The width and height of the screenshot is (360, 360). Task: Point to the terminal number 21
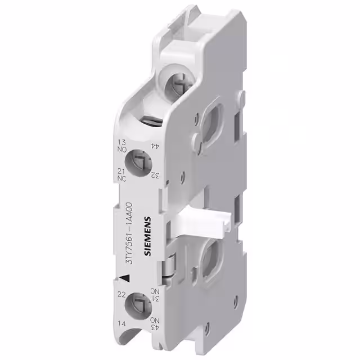[121, 171]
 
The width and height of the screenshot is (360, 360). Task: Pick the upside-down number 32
[152, 175]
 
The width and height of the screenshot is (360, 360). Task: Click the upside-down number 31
[153, 299]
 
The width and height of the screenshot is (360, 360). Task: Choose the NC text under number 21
[121, 178]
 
